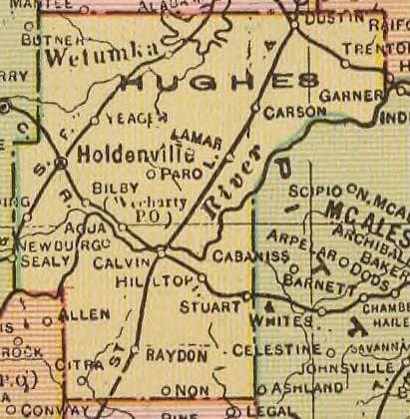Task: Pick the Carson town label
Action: pos(295,112)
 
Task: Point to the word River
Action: pos(230,180)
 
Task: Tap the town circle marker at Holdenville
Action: pos(61,162)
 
